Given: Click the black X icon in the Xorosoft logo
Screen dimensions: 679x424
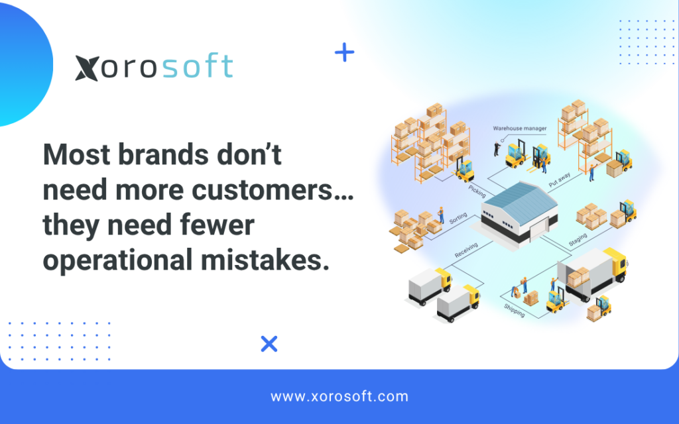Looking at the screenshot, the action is (x=87, y=68).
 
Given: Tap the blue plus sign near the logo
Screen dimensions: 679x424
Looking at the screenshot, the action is (x=345, y=52).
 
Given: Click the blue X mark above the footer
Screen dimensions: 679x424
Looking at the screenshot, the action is (x=269, y=344).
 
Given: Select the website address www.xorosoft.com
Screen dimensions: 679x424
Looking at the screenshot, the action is (x=339, y=396).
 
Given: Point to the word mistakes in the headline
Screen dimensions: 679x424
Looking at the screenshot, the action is (x=265, y=260).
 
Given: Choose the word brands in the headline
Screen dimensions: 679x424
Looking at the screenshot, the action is (x=163, y=154).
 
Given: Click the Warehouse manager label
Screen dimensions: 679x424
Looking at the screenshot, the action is (x=520, y=129).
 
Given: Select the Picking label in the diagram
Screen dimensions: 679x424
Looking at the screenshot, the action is (x=477, y=191).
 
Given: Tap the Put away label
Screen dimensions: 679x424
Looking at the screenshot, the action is (x=560, y=180).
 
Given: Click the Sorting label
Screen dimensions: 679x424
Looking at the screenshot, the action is (x=458, y=218).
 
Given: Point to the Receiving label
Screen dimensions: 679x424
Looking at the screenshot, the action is (x=466, y=250).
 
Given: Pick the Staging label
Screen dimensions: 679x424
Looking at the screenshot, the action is (x=578, y=239).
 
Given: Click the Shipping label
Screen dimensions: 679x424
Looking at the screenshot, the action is (x=515, y=310).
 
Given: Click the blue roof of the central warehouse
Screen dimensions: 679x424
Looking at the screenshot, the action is (x=519, y=201).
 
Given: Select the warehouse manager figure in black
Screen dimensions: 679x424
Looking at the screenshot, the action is (x=497, y=148).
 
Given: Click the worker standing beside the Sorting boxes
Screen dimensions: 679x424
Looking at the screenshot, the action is (x=441, y=215).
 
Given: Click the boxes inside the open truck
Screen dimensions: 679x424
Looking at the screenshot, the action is (x=578, y=278).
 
